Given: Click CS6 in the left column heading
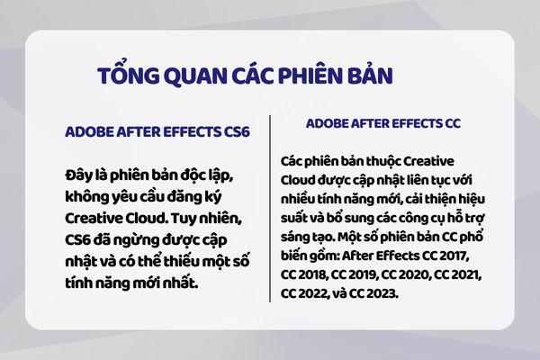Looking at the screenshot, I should click(233, 131).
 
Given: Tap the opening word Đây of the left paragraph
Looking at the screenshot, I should click(79, 174).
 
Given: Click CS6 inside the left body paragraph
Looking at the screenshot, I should click(81, 240).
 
